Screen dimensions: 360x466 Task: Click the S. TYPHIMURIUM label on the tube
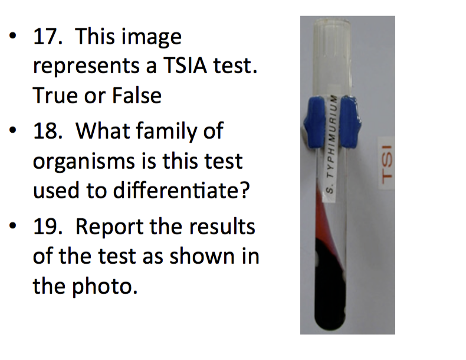(x=332, y=145)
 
